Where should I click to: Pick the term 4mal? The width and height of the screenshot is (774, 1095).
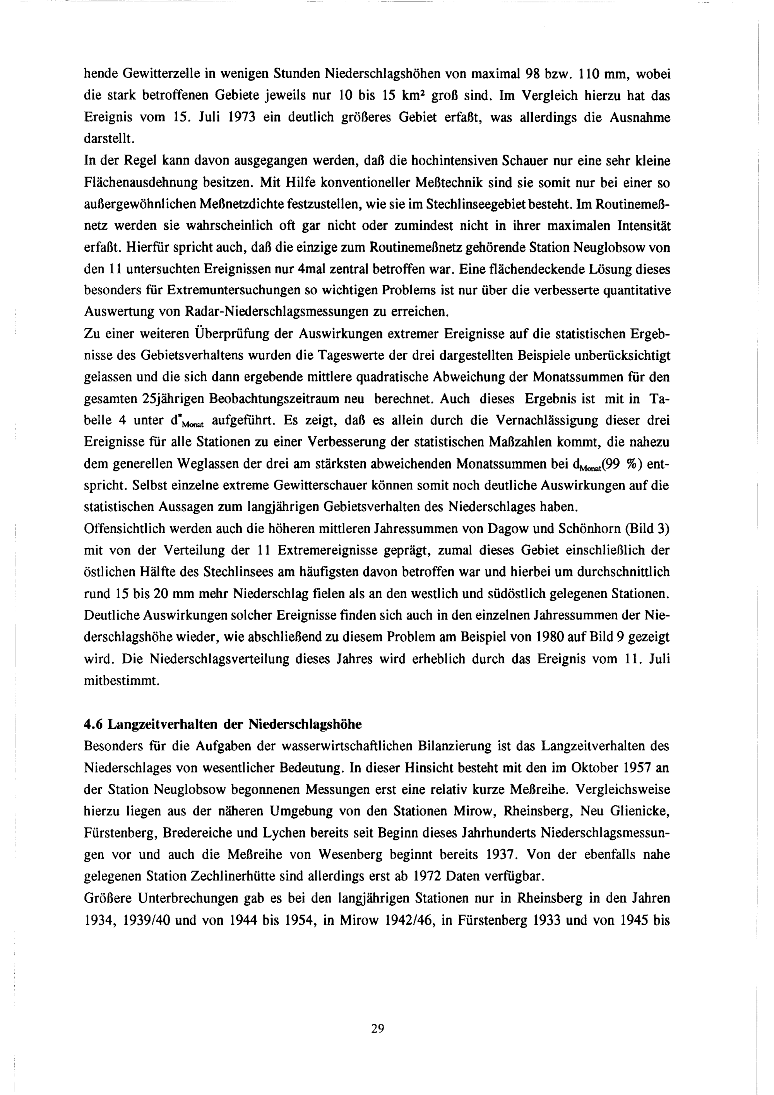[311, 269]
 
